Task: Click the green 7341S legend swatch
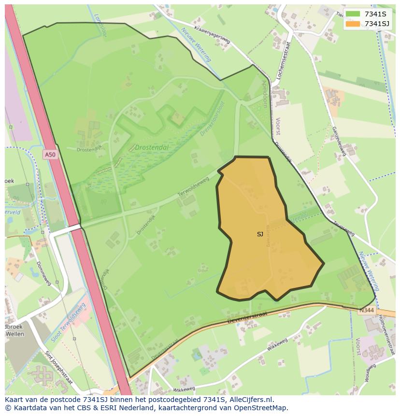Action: (353, 14)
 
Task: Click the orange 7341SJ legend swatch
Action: (353, 24)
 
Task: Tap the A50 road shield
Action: (49, 155)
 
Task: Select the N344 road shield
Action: (365, 310)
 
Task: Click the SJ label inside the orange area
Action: (260, 234)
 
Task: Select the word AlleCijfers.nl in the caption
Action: (251, 400)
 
